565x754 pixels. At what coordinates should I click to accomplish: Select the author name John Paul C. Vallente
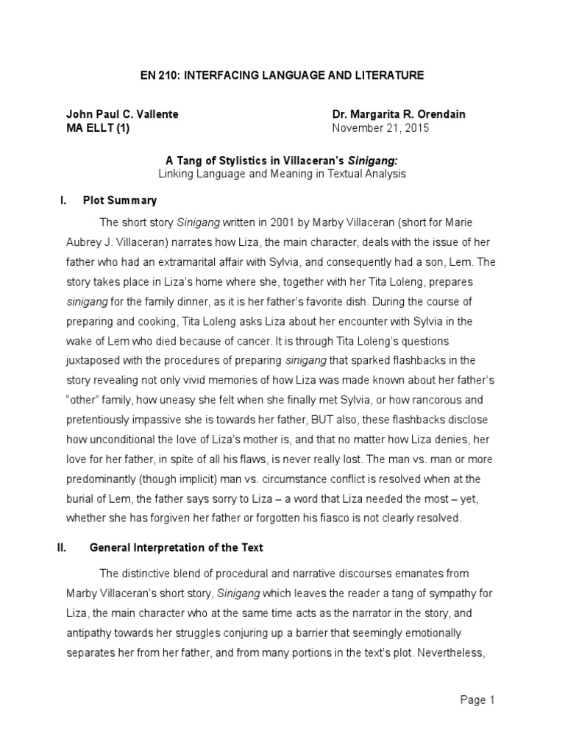122,114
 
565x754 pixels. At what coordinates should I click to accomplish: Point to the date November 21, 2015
380,127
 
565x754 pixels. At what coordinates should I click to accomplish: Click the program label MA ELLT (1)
96,127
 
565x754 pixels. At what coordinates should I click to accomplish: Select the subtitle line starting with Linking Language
282,174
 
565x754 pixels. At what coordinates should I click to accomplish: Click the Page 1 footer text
477,700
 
